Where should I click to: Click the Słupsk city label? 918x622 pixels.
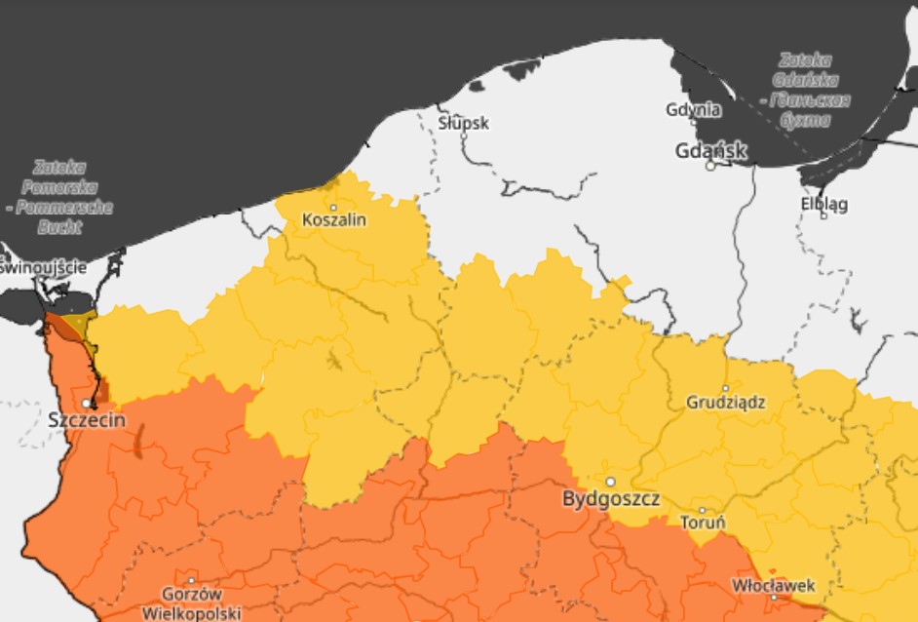pos(463,124)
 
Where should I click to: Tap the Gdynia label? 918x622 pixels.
pos(693,109)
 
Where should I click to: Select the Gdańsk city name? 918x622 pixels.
pos(711,150)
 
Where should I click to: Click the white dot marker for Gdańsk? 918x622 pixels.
pos(711,166)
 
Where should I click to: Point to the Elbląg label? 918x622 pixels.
pos(823,204)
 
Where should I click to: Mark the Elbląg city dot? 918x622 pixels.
pos(823,215)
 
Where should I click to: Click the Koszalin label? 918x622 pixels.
pos(334,220)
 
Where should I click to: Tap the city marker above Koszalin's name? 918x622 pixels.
pos(333,207)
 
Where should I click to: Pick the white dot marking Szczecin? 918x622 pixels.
pos(86,403)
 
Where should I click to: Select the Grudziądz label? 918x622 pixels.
pos(725,402)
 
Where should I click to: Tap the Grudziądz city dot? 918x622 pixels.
pos(725,388)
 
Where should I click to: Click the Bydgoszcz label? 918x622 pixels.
pos(611,499)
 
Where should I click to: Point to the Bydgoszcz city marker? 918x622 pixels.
pos(611,482)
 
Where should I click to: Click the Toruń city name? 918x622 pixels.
pos(702,524)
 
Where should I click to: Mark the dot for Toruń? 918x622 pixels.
pos(702,510)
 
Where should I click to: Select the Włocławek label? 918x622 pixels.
pos(773,585)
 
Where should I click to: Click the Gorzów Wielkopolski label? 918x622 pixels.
pos(191,603)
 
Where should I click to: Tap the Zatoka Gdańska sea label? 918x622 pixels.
pos(811,90)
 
